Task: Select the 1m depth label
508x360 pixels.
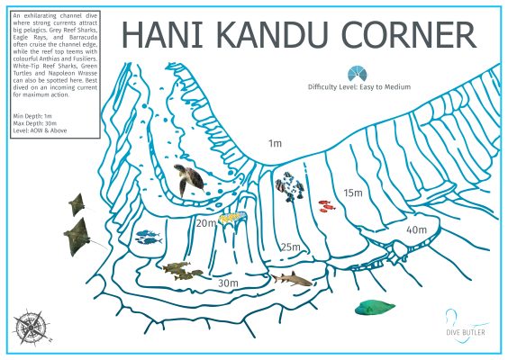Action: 275,143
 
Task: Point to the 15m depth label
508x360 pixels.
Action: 352,193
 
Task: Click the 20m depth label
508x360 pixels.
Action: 206,222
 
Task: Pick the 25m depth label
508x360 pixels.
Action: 289,247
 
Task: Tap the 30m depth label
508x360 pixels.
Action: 228,283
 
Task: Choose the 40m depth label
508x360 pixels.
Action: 415,230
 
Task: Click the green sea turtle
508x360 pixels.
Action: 190,179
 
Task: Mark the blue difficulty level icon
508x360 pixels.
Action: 358,72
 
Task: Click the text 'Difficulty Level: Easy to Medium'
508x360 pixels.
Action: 358,87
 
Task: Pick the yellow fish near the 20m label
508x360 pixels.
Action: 231,217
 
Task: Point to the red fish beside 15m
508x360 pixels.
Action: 325,206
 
